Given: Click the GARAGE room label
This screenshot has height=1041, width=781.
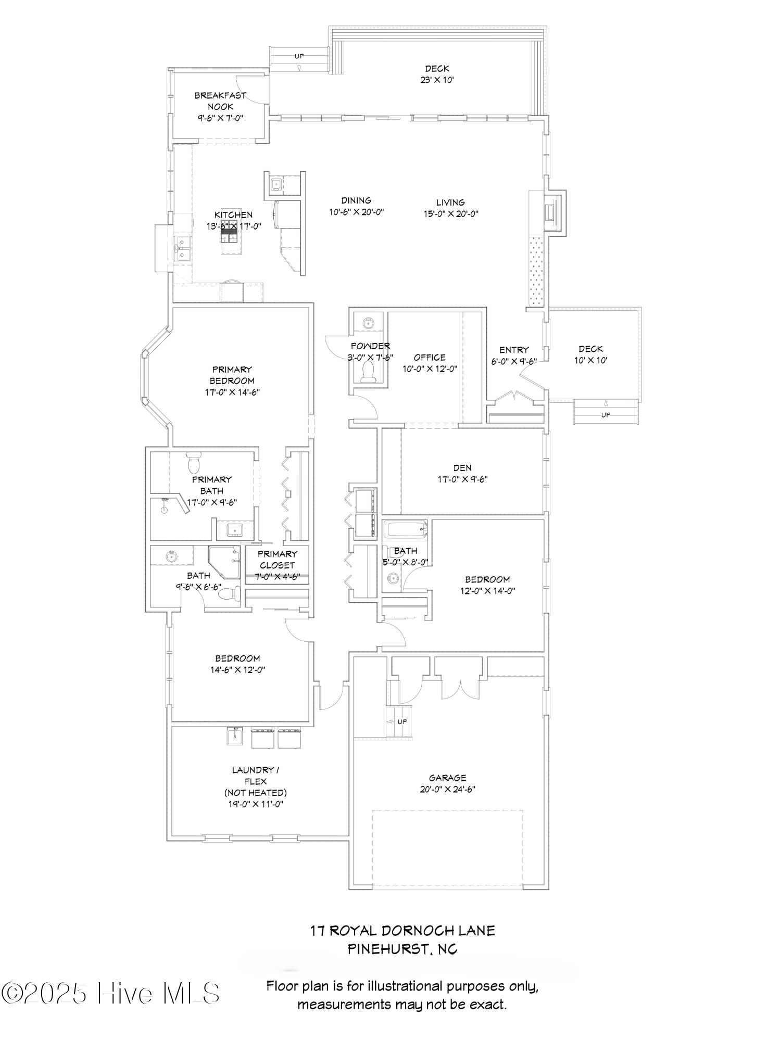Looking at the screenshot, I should [x=447, y=778].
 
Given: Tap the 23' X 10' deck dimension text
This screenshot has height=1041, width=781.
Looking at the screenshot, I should [x=437, y=80].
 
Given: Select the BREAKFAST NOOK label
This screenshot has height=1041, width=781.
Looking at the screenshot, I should [x=220, y=101].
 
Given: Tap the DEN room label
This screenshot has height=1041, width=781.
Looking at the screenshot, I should [x=462, y=468].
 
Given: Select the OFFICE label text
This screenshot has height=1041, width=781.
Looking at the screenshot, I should [x=430, y=358].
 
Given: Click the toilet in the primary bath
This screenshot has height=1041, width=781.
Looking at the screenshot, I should [x=194, y=462].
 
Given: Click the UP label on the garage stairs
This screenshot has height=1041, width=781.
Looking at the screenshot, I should [x=402, y=722].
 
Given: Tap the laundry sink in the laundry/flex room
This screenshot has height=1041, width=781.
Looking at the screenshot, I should [x=235, y=736].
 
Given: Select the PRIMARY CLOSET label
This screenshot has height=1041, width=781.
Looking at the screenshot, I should [x=277, y=560].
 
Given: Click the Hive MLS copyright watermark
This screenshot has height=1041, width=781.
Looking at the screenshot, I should [x=110, y=994].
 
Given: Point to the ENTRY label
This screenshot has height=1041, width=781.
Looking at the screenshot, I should [x=513, y=350].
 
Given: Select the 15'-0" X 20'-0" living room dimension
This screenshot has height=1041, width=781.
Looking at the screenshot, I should [x=450, y=213].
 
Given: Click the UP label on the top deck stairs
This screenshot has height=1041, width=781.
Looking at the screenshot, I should [x=299, y=56].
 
